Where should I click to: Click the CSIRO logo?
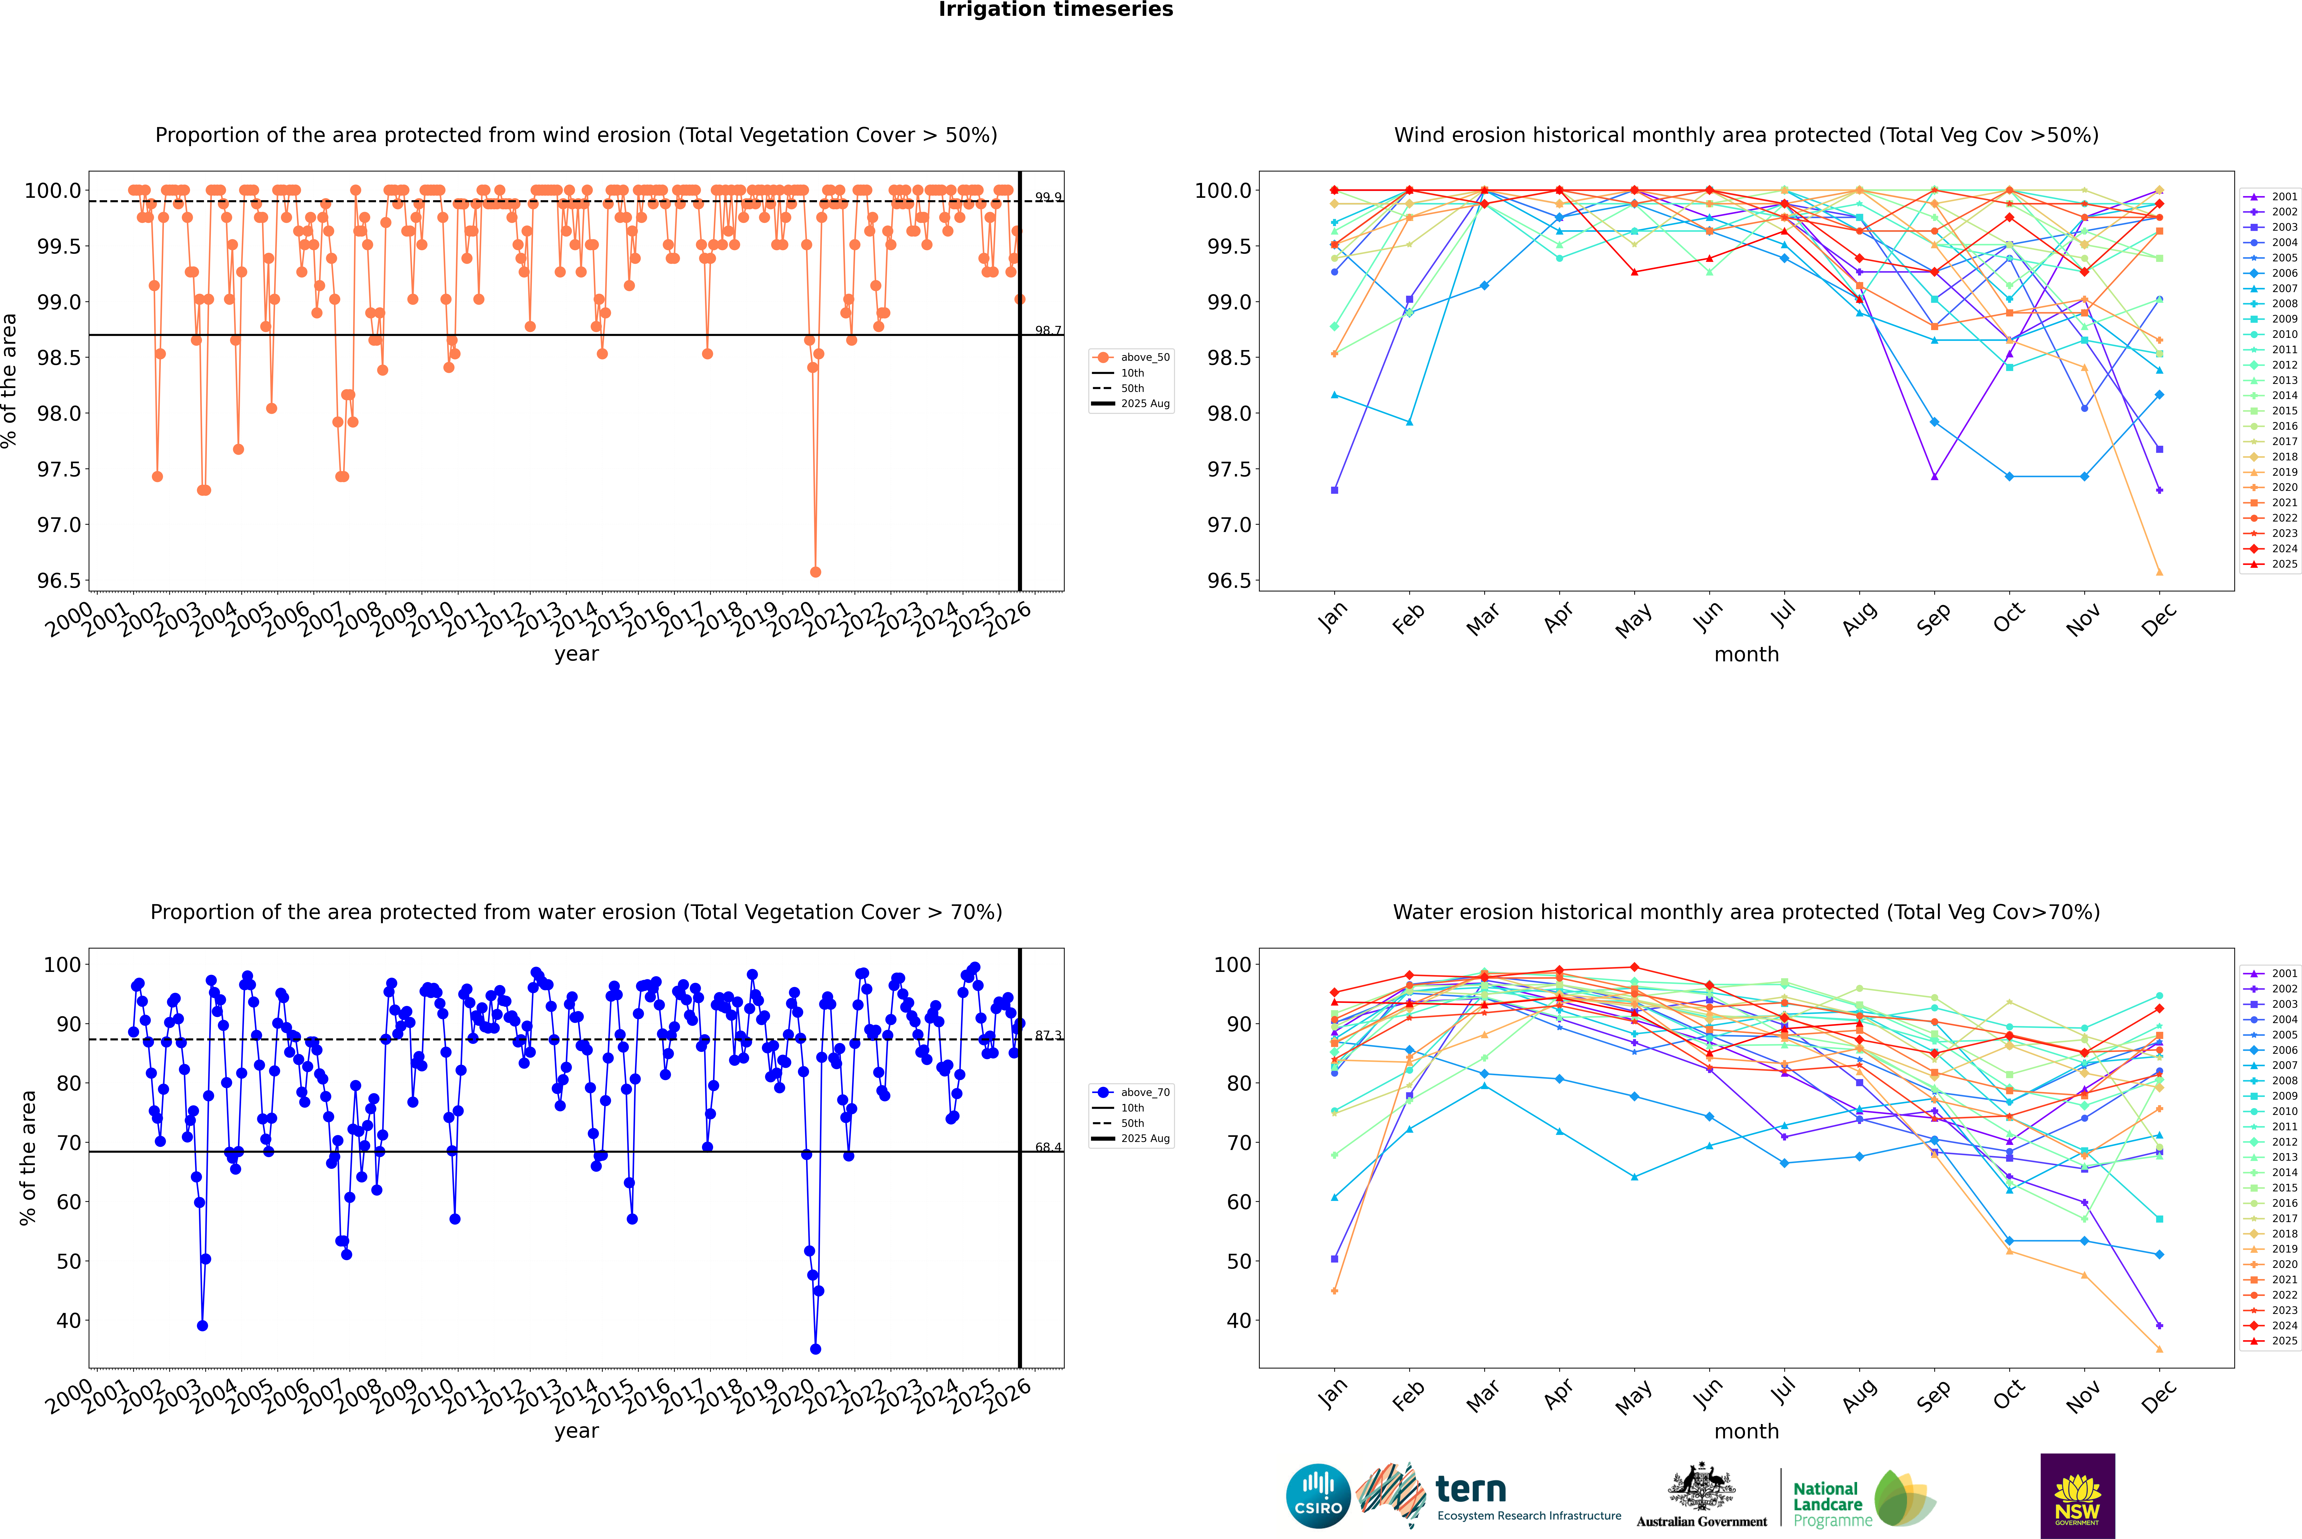1318,1496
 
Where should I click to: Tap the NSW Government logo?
2077,1496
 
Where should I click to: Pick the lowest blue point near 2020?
815,1349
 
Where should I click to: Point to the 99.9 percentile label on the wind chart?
1048,197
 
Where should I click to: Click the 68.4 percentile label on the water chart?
1048,1147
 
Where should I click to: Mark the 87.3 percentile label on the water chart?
1048,1035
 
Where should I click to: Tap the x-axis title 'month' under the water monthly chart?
1746,1431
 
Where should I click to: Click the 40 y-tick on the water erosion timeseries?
69,1321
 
